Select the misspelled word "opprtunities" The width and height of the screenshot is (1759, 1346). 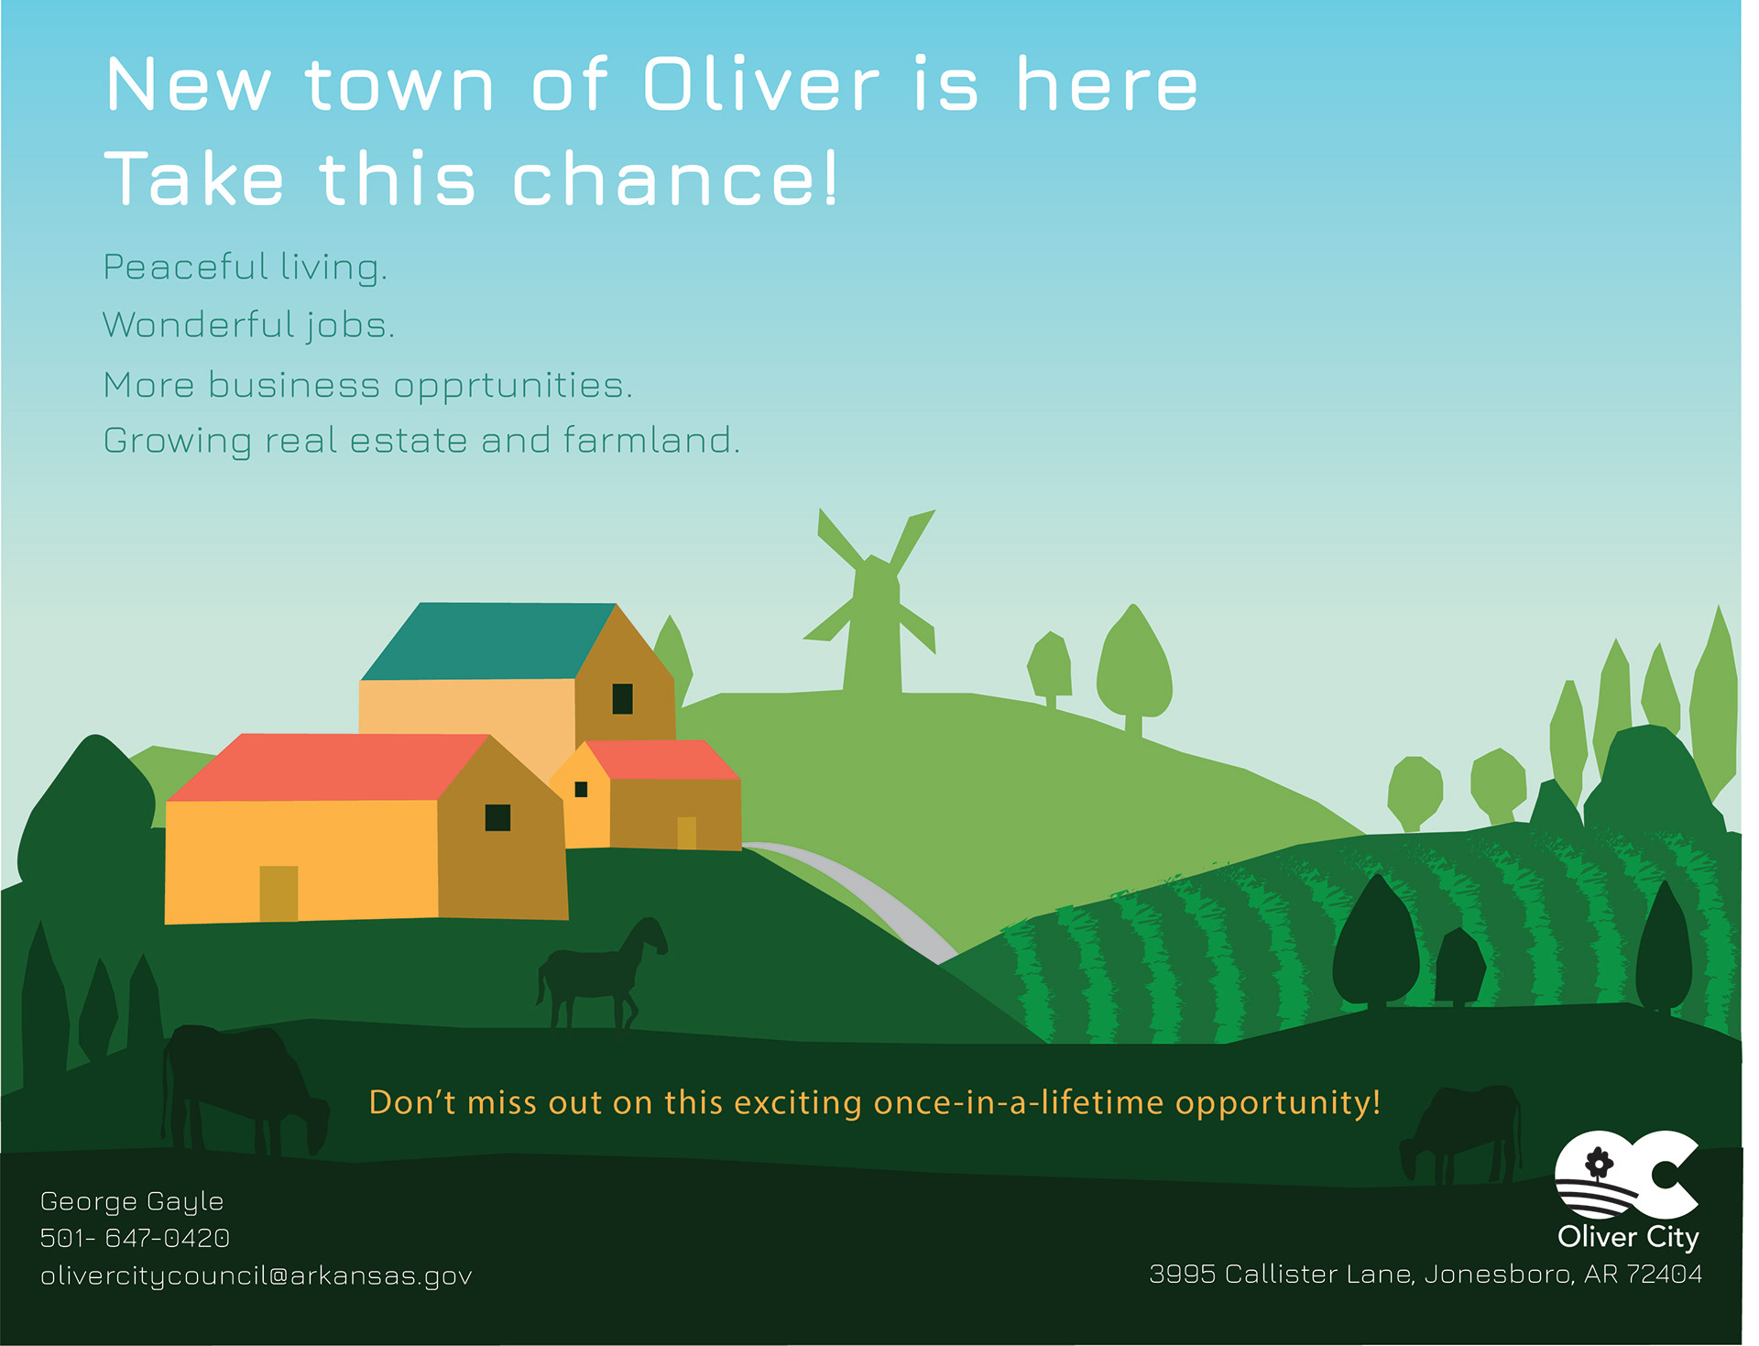click(512, 387)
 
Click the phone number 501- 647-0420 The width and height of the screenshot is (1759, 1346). click(135, 1238)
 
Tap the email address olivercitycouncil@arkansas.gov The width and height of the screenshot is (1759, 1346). click(257, 1276)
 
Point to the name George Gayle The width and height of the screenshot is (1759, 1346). click(132, 1202)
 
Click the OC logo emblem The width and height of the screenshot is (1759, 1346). click(1627, 1175)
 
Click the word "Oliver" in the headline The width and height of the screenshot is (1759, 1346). click(761, 85)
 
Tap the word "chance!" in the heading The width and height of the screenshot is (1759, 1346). click(675, 179)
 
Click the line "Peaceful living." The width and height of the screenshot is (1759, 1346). click(246, 268)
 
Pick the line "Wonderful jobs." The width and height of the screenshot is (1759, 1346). click(248, 325)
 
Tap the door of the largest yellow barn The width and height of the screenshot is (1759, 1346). click(279, 892)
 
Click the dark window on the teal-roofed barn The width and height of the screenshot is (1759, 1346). click(623, 698)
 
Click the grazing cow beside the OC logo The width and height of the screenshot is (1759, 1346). click(1461, 1134)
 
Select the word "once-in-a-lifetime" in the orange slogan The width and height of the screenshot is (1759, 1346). click(1019, 1102)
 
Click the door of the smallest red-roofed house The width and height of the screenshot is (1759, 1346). click(686, 833)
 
